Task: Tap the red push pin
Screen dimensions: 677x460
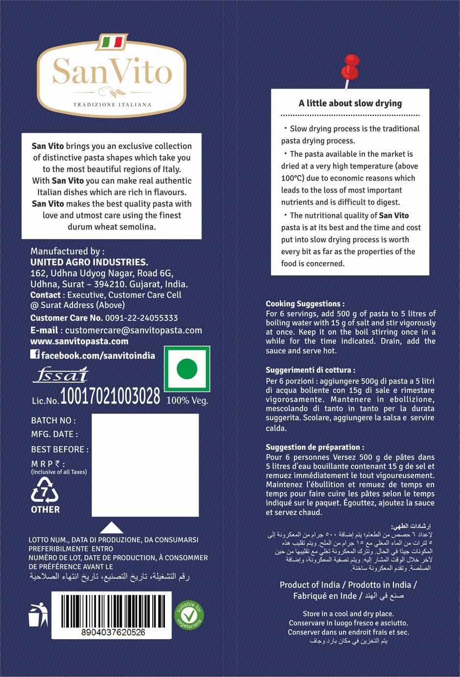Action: point(351,66)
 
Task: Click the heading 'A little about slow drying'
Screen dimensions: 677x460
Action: point(350,103)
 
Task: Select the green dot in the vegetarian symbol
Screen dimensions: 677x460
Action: point(186,368)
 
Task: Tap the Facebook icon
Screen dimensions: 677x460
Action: point(35,355)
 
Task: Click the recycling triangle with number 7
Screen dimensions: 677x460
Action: point(45,490)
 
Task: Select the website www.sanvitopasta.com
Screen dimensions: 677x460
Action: point(79,341)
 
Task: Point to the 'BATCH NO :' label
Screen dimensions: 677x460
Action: point(53,420)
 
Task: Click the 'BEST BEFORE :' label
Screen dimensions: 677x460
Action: point(60,449)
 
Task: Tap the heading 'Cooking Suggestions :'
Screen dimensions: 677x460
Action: point(305,304)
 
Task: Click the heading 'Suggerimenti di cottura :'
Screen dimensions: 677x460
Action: point(310,370)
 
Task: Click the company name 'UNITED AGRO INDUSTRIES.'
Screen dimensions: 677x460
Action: point(89,263)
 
